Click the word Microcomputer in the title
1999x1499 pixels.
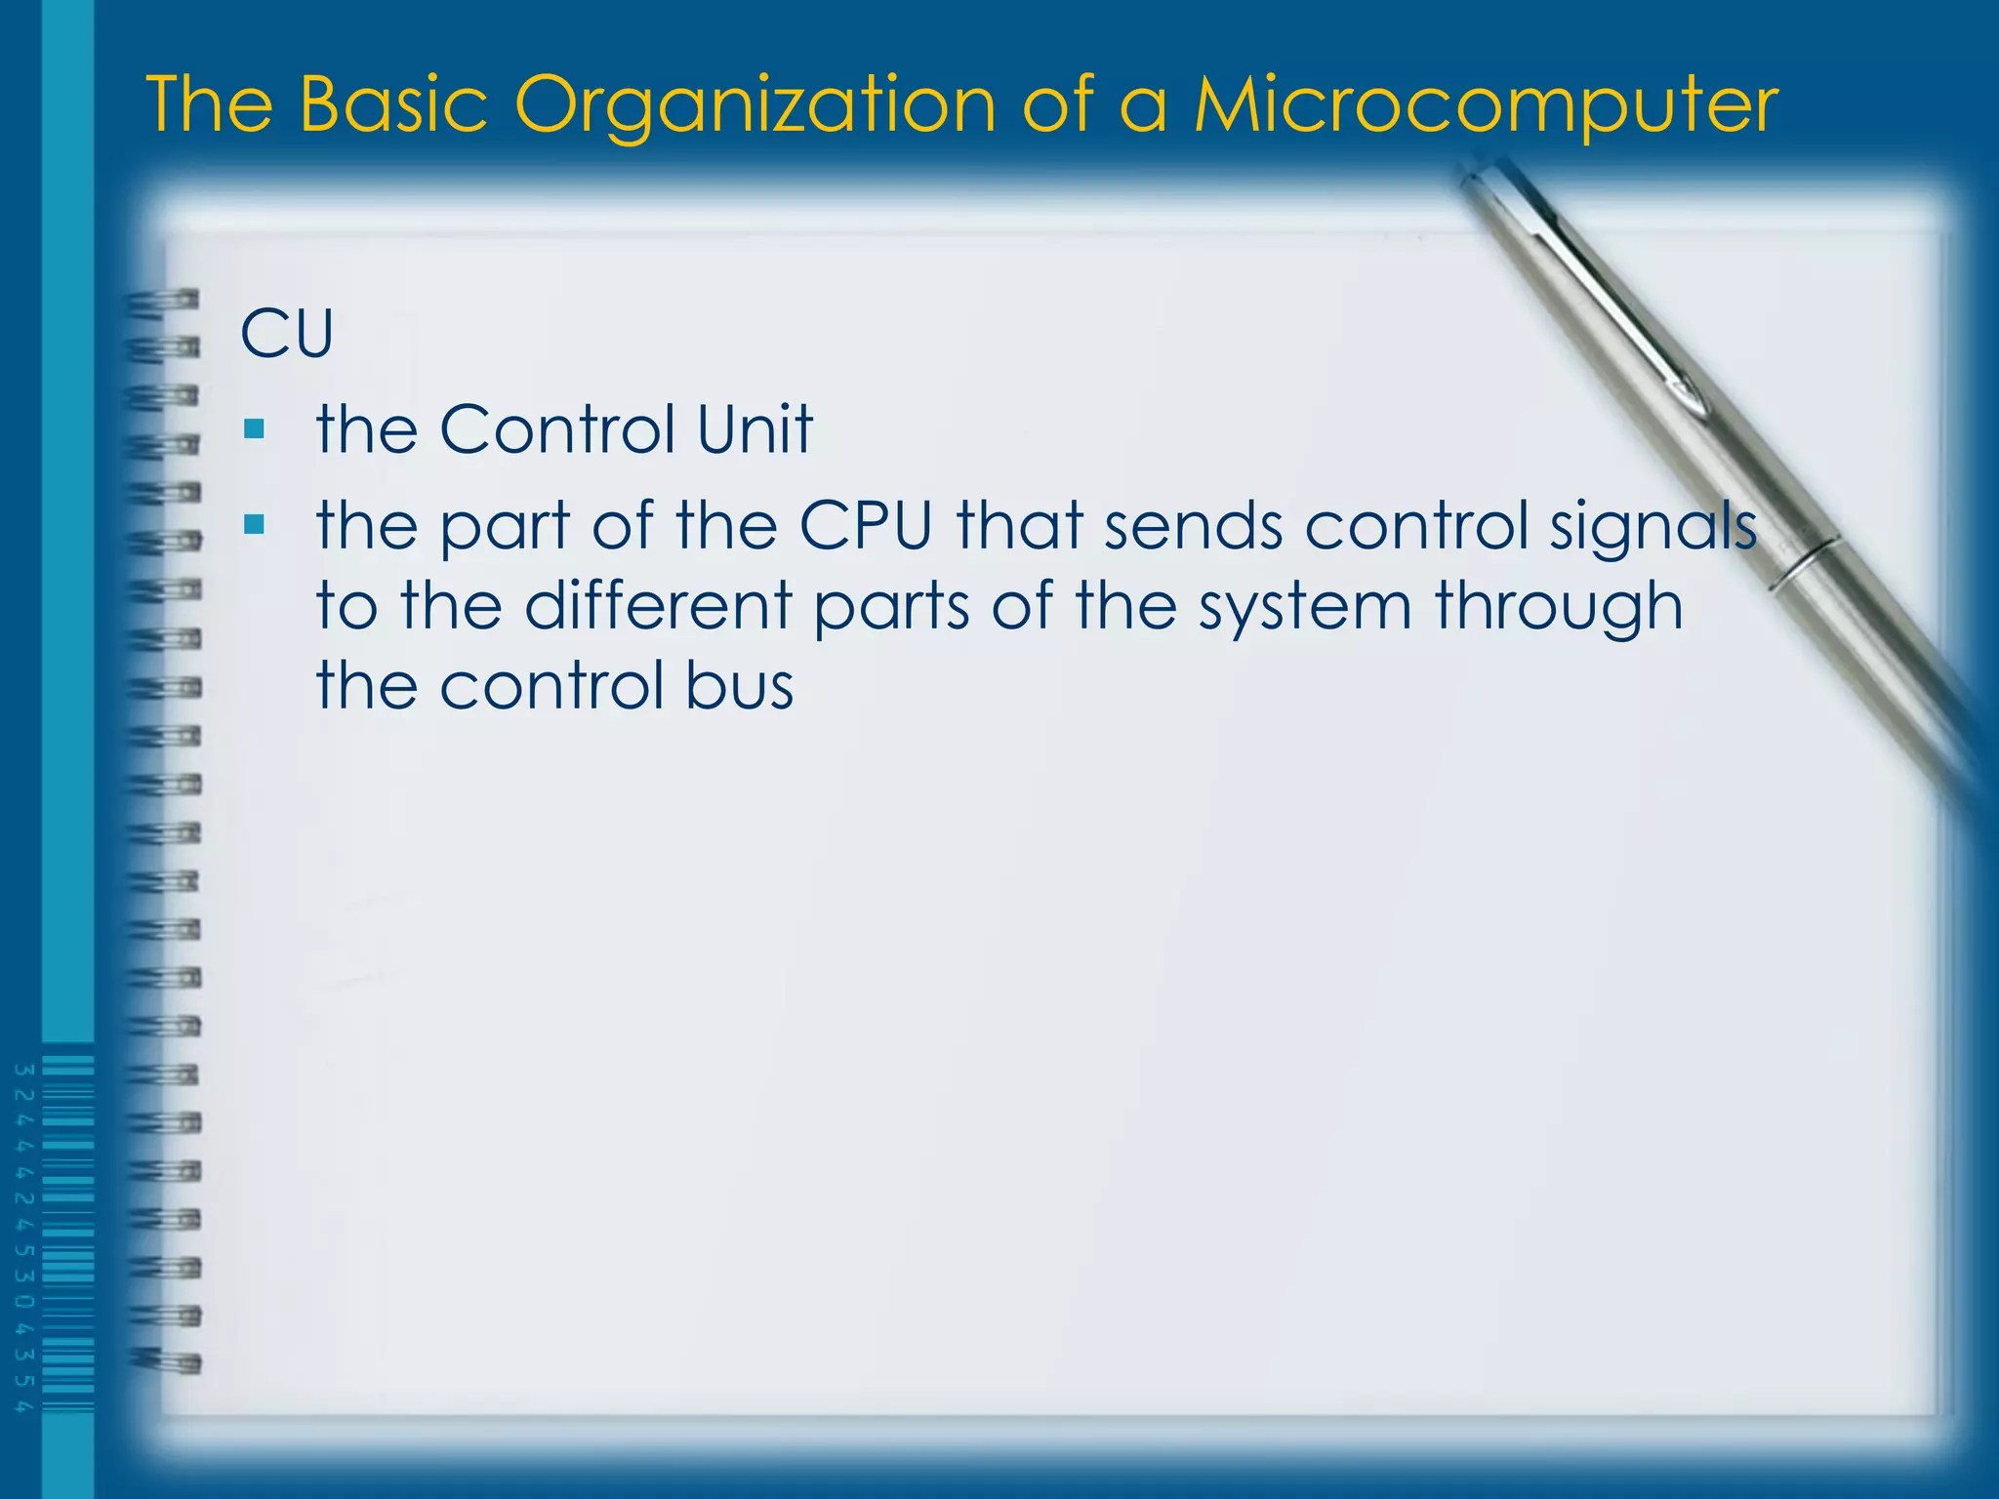click(x=1486, y=105)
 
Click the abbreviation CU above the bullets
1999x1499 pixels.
click(x=287, y=335)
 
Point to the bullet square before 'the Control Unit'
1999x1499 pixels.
click(x=255, y=428)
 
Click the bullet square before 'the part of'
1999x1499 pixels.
click(x=255, y=525)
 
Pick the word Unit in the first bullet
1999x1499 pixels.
click(x=754, y=429)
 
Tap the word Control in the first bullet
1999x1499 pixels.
click(x=557, y=429)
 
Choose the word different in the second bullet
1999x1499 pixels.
click(x=659, y=606)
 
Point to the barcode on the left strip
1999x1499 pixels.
click(x=68, y=1235)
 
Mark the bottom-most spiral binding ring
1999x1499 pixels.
click(x=166, y=1360)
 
